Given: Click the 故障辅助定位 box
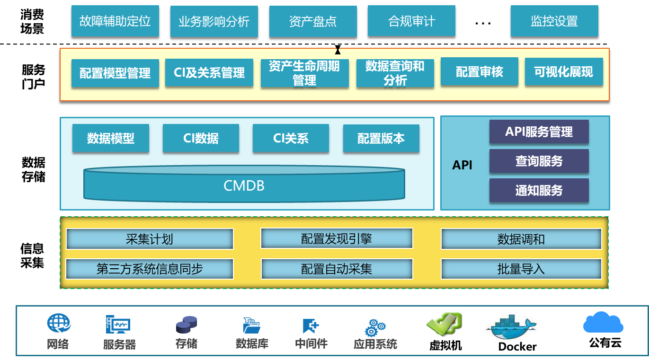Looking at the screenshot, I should pos(115,21).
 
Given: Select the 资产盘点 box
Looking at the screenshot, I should pos(313,21).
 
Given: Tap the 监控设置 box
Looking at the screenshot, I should pos(554,21).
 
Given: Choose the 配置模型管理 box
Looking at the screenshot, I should pos(115,73).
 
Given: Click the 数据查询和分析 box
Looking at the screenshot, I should pos(395,73).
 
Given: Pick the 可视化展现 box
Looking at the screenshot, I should pos(563,72).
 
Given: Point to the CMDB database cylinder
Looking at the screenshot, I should pos(244,184).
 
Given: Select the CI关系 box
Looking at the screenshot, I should pos(291,138).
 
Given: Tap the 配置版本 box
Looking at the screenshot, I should pos(381,138).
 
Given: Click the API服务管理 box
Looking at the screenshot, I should pos(539,132).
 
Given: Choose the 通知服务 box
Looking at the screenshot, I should pos(539,190).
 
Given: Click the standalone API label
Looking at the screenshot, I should pos(462,165).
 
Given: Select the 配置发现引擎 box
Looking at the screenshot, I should pos(337,239).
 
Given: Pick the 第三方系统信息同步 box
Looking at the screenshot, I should pos(150,269).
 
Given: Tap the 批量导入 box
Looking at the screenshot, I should pos(521,269).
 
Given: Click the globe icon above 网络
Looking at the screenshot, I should pos(59,325).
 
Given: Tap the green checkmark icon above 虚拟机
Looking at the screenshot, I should pos(444,325).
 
